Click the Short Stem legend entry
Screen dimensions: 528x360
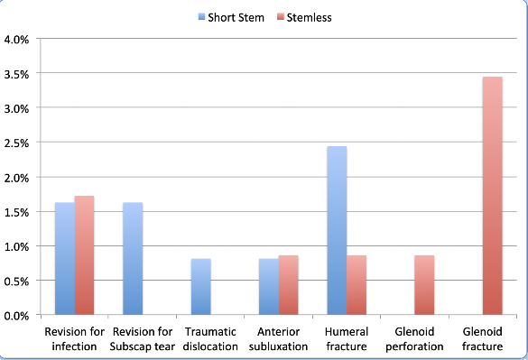point(231,17)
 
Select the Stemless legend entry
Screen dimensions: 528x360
point(304,17)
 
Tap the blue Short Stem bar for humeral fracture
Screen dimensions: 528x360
point(337,230)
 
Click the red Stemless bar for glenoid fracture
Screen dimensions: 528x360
point(493,196)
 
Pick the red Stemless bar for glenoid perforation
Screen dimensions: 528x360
point(424,285)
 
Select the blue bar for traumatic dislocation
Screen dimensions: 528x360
point(201,287)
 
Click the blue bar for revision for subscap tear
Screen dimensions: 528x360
point(133,259)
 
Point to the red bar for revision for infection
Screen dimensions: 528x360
point(84,255)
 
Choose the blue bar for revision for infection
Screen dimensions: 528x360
point(65,259)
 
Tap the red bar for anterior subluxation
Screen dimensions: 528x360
point(288,285)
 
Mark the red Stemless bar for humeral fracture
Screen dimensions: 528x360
point(357,285)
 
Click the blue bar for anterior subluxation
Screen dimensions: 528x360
point(269,287)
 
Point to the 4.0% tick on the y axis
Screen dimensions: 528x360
point(16,40)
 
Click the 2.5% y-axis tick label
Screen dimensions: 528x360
point(16,143)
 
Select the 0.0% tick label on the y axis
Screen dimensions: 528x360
point(16,316)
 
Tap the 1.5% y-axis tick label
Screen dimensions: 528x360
point(16,213)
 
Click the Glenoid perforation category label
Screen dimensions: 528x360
point(414,338)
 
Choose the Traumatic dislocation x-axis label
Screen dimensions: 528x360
point(210,338)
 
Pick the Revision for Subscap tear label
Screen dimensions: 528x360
point(143,338)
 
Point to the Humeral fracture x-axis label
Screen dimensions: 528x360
point(347,338)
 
